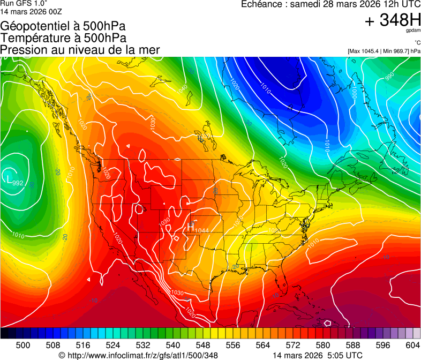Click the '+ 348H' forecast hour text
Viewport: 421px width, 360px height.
[x=393, y=20]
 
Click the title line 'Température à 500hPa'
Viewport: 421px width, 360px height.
[x=63, y=38]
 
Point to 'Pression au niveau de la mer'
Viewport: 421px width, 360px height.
[x=80, y=50]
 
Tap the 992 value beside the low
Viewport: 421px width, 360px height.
[x=18, y=183]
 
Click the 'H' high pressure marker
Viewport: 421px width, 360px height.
[x=190, y=227]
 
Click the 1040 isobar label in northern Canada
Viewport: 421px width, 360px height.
[x=183, y=88]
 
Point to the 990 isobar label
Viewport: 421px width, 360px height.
[x=389, y=78]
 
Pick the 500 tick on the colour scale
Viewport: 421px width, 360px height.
[x=23, y=345]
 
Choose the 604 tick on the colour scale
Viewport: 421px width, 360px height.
[x=412, y=345]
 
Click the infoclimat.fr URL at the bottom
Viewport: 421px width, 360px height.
[x=138, y=355]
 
